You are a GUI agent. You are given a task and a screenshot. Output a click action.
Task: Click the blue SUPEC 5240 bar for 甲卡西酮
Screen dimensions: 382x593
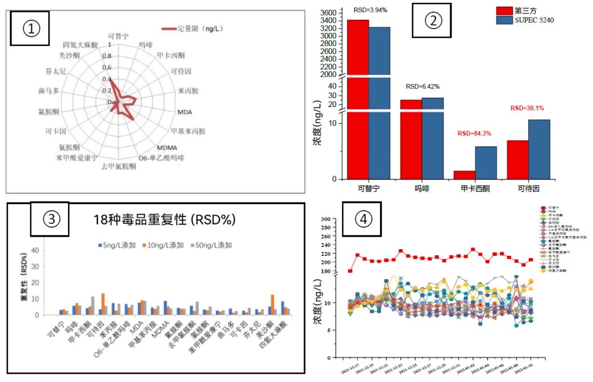tap(486, 162)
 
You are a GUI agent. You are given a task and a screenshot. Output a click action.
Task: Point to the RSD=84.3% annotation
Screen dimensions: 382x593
tap(474, 133)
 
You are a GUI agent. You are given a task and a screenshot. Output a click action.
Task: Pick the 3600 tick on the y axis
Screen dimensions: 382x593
tap(327, 13)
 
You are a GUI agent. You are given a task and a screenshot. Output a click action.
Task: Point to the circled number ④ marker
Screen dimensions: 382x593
tap(362, 218)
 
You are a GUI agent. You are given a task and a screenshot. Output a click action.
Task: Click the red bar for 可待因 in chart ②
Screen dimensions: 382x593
tap(518, 160)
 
